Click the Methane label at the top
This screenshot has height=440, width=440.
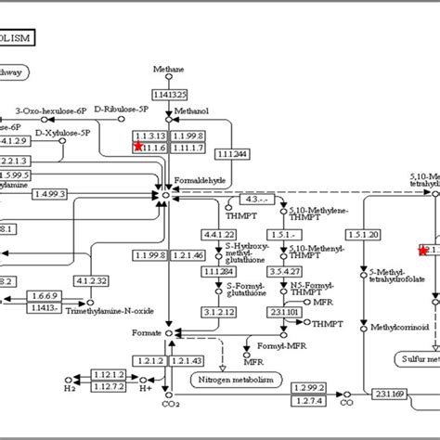click(x=170, y=69)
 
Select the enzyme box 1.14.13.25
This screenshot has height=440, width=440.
click(x=170, y=94)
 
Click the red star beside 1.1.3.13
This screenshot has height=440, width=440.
click(x=138, y=147)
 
